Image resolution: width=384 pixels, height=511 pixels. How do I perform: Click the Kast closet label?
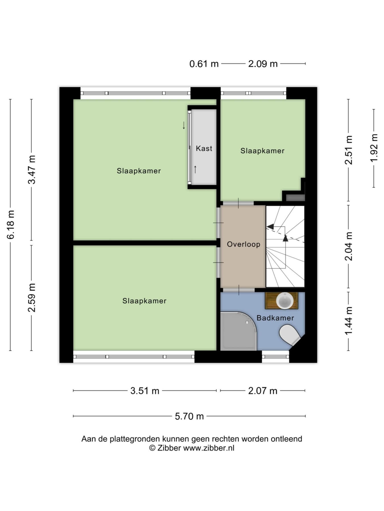204,148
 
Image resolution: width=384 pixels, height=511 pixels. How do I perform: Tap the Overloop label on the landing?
243,244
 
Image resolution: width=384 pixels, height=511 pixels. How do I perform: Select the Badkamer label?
275,318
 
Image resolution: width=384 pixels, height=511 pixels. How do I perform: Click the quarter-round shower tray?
238,331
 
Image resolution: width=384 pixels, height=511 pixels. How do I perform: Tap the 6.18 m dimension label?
11,225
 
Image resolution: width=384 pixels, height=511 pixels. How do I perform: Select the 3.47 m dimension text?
32,169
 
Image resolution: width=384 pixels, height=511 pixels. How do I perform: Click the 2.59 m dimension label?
32,298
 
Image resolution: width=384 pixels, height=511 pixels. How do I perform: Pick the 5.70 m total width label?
189,416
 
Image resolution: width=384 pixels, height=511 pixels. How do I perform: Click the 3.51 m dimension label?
145,391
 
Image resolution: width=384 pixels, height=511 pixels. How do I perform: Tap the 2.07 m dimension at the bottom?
263,391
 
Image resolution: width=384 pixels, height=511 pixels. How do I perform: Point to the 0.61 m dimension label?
204,64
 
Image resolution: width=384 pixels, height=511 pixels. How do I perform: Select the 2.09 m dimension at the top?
263,64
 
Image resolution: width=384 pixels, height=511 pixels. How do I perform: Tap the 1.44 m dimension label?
349,321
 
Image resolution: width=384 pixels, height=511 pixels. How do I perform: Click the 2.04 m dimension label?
349,246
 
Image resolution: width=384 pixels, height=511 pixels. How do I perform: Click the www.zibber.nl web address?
208,448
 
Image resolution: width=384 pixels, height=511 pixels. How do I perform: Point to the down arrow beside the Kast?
184,125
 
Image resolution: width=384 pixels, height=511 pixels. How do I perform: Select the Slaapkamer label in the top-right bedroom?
262,151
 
